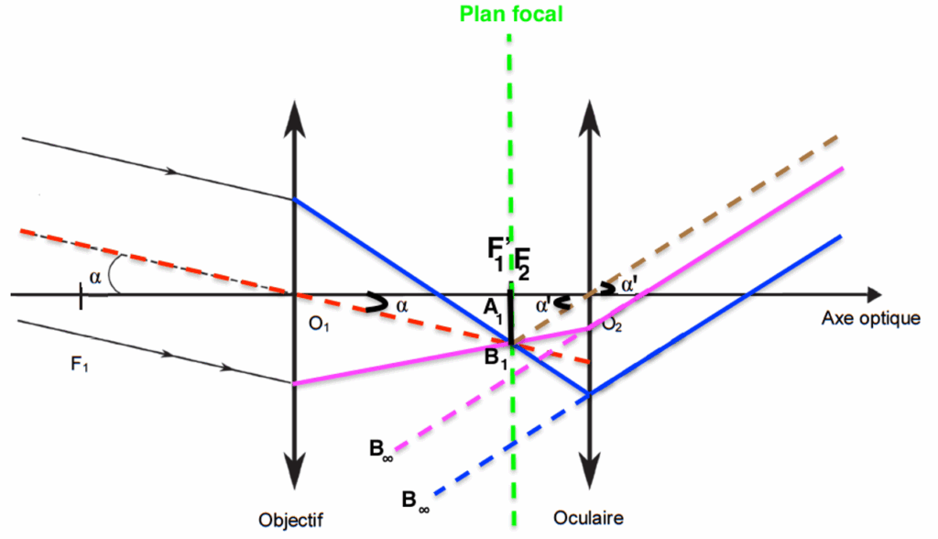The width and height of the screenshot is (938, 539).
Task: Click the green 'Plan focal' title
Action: click(510, 14)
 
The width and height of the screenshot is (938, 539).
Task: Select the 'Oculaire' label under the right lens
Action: click(588, 518)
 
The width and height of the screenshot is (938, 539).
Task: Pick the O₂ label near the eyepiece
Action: click(613, 327)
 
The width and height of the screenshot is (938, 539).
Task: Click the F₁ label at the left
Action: click(81, 365)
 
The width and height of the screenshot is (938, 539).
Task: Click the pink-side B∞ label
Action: click(383, 449)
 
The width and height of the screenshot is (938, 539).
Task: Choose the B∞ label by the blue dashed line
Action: click(417, 500)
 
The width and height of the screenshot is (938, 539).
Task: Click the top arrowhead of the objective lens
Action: click(294, 104)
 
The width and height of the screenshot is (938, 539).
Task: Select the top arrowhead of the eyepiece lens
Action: click(589, 104)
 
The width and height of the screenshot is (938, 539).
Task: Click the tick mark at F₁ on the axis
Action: click(81, 295)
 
